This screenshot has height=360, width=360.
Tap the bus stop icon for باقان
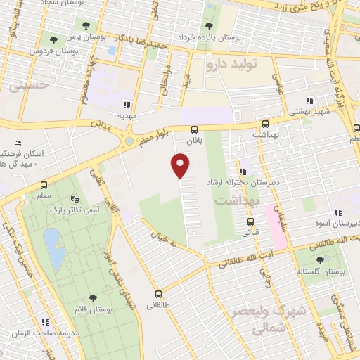[x=195, y=129]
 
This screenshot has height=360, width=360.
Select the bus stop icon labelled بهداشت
[x=265, y=124]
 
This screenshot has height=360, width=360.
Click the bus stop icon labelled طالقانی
[x=157, y=294]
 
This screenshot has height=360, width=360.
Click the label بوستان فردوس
[x=55, y=51]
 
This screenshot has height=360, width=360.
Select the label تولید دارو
[x=233, y=64]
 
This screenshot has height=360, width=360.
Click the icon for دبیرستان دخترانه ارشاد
[x=243, y=171]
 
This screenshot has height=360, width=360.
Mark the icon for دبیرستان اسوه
[x=338, y=212]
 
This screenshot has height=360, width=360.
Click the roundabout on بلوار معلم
[x=129, y=141]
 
